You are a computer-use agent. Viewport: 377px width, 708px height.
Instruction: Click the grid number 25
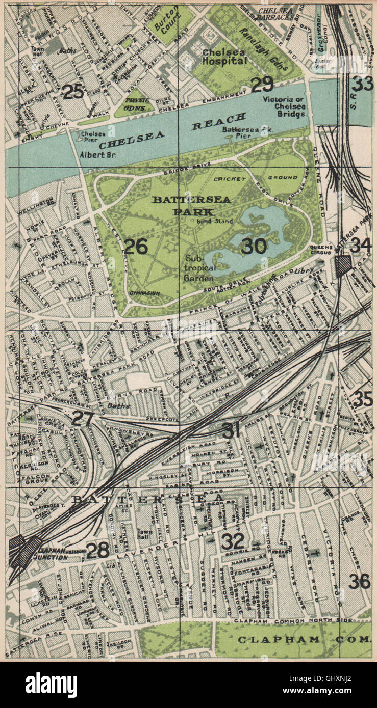tap(73, 92)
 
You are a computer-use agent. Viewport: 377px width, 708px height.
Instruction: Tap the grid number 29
tap(262, 85)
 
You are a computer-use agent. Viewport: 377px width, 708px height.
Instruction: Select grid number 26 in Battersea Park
tap(136, 247)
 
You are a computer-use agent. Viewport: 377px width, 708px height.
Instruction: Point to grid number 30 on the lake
tap(254, 246)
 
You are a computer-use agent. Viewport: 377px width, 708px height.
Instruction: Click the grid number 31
tap(232, 431)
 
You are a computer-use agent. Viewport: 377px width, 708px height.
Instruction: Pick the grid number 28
tap(97, 550)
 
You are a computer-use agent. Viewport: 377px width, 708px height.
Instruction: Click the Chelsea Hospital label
tap(224, 57)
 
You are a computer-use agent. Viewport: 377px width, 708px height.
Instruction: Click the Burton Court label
tap(164, 22)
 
